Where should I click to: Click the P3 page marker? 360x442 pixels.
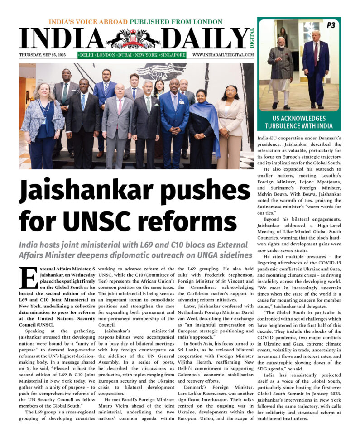coord(331,25)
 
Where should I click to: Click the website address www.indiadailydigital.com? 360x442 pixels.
coord(223,55)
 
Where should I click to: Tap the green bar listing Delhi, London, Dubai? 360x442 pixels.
coord(132,55)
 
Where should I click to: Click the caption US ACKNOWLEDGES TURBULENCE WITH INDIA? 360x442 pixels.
coord(299,122)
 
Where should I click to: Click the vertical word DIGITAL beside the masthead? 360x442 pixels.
coord(252,38)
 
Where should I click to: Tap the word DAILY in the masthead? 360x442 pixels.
coord(204,39)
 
